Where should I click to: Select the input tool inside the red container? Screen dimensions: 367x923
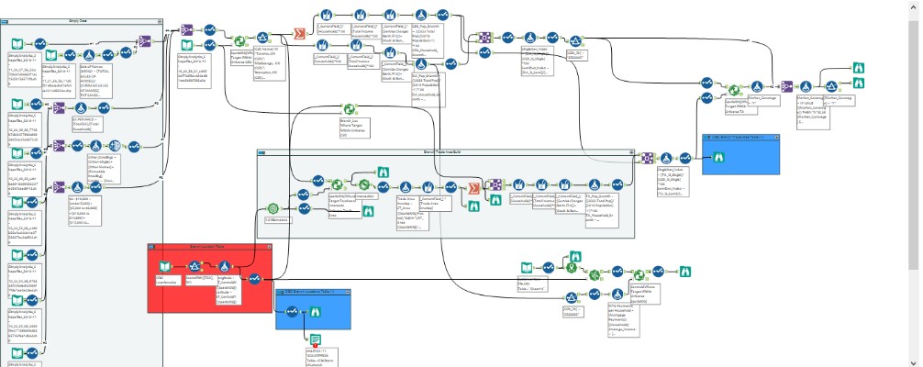(x=162, y=268)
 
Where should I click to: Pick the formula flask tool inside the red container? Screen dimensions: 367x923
(x=224, y=268)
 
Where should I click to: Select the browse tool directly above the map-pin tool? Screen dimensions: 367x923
(x=572, y=241)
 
